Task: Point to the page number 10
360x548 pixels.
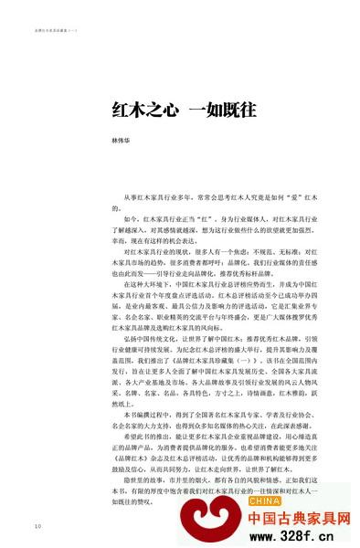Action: [x=37, y=526]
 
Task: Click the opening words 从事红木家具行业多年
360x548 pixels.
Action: [x=156, y=198]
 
